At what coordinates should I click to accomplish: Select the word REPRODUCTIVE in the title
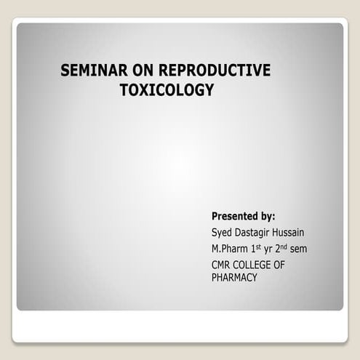coord(212,71)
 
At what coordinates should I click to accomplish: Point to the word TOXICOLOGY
coord(168,90)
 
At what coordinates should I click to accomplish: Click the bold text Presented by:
coord(243,216)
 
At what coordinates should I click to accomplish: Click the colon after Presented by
coord(273,217)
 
